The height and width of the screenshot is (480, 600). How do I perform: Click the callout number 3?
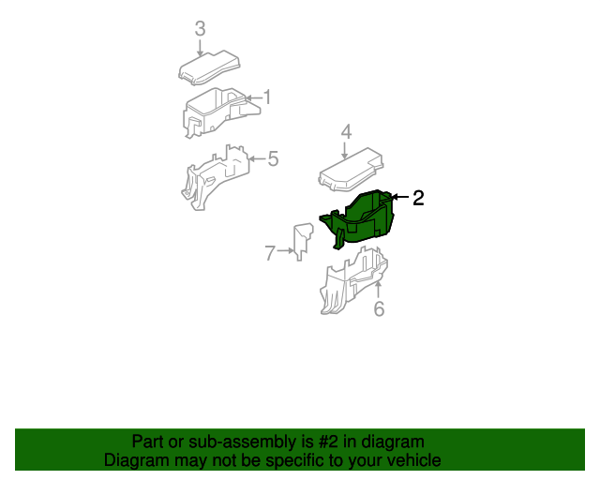click(x=200, y=29)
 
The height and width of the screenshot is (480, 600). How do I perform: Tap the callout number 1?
click(x=267, y=97)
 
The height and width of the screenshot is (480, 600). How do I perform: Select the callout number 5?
click(x=273, y=158)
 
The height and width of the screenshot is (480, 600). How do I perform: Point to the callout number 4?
click(x=346, y=131)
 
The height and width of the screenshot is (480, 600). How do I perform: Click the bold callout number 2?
click(x=418, y=198)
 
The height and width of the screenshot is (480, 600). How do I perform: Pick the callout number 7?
click(x=270, y=253)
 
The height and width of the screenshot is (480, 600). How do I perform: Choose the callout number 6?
click(x=379, y=308)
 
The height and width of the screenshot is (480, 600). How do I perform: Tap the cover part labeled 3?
click(x=209, y=67)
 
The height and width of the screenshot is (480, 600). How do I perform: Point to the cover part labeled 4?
click(x=351, y=170)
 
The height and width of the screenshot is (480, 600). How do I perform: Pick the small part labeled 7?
click(x=302, y=241)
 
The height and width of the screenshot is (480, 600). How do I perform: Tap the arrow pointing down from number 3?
click(x=200, y=48)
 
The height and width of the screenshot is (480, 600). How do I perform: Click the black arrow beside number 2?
click(x=400, y=197)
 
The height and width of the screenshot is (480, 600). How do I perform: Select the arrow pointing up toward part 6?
click(x=378, y=290)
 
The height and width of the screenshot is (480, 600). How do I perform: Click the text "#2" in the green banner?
click(x=328, y=442)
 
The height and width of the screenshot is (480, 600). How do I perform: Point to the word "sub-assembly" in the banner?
click(x=242, y=442)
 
